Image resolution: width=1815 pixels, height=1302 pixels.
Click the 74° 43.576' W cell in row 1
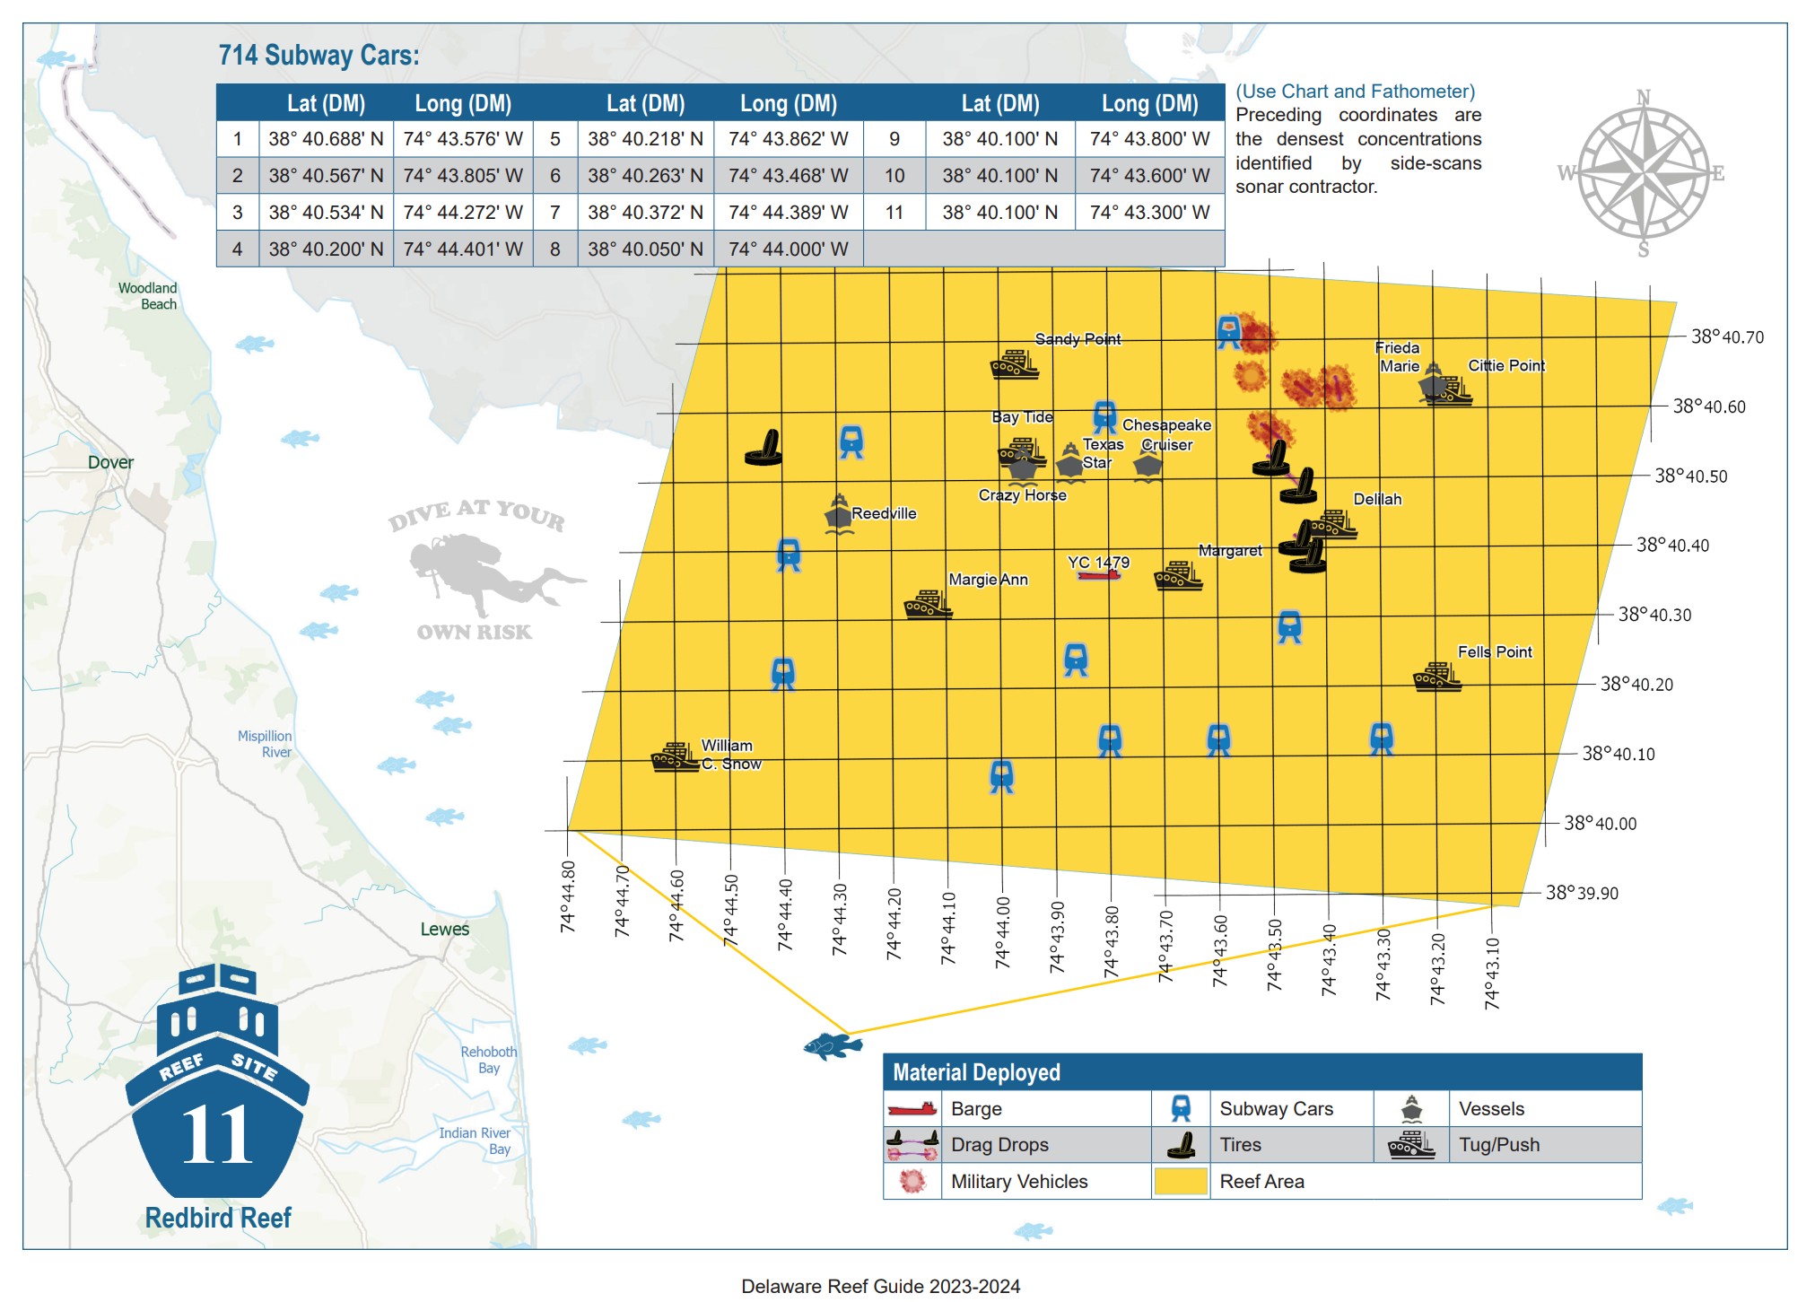(x=463, y=139)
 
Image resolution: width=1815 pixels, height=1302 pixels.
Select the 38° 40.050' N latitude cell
(x=645, y=249)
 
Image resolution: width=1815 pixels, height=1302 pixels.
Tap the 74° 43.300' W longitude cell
(x=1149, y=213)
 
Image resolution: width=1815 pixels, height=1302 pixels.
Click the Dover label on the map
(x=110, y=463)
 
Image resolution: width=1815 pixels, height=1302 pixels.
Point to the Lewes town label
(x=445, y=930)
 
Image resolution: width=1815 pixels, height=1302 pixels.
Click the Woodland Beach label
(x=149, y=296)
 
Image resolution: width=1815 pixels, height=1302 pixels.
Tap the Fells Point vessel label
(x=1495, y=652)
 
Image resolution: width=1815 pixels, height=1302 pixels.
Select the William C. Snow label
(x=730, y=755)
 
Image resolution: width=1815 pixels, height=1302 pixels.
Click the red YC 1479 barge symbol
(x=1099, y=575)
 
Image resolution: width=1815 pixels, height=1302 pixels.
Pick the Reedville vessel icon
(x=838, y=514)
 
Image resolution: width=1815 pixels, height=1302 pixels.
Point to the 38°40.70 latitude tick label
(x=1727, y=337)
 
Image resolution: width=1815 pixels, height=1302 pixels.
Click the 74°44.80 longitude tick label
(x=568, y=896)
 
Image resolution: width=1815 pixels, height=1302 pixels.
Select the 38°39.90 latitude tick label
(x=1582, y=894)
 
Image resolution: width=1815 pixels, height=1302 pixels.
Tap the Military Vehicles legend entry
(x=1018, y=1182)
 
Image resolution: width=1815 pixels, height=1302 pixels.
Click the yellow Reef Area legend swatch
(x=1180, y=1182)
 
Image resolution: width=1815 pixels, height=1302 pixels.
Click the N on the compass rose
(x=1644, y=97)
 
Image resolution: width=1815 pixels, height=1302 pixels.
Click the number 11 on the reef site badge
(x=217, y=1135)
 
